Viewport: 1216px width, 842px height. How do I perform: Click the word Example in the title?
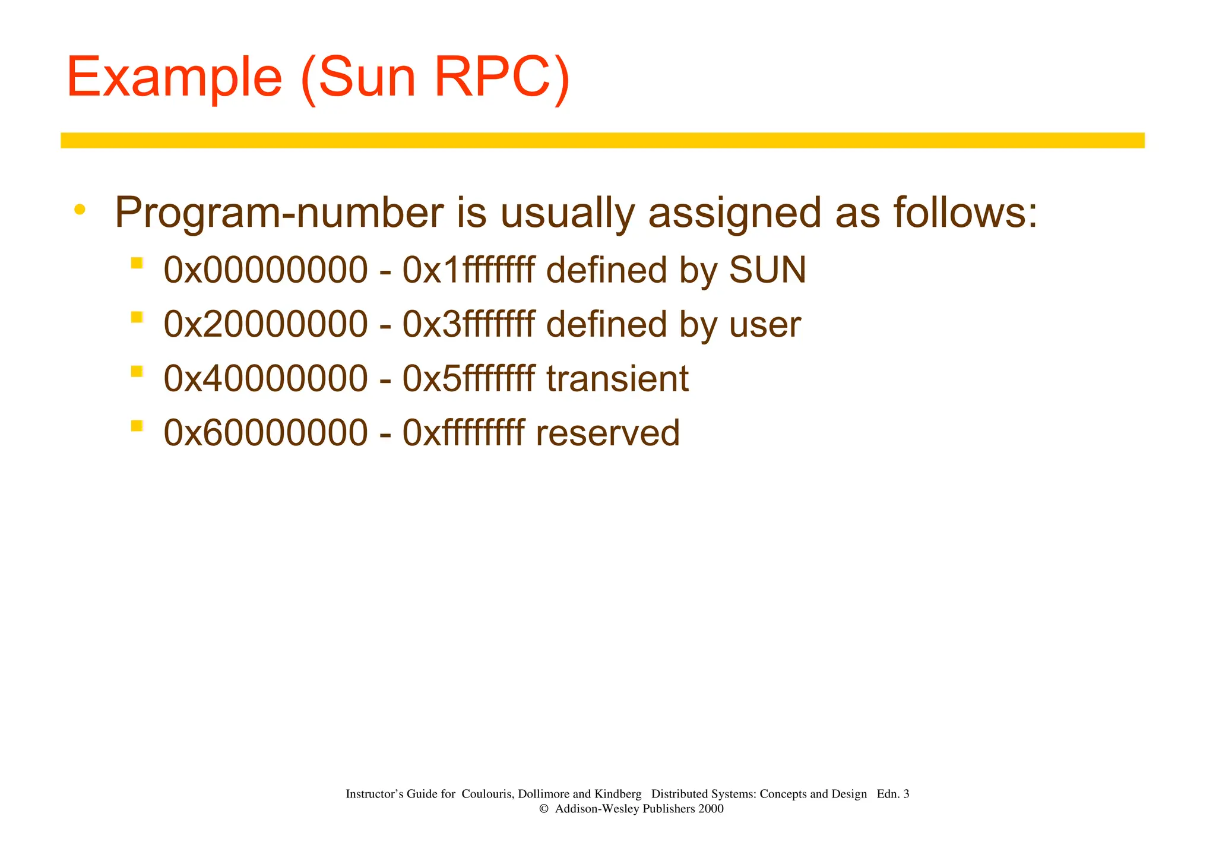pyautogui.click(x=174, y=78)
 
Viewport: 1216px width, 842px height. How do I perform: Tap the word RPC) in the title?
pyautogui.click(x=502, y=78)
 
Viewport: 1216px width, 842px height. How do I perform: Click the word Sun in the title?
pyautogui.click(x=366, y=78)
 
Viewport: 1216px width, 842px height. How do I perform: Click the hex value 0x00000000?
pyautogui.click(x=265, y=270)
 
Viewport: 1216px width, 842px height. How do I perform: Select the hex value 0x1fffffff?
pyautogui.click(x=468, y=270)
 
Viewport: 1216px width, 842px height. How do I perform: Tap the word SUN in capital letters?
pyautogui.click(x=767, y=270)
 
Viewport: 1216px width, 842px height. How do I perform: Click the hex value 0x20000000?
pyautogui.click(x=265, y=325)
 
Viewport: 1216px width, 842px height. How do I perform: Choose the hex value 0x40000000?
pyautogui.click(x=265, y=379)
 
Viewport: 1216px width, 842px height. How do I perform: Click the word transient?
pyautogui.click(x=617, y=379)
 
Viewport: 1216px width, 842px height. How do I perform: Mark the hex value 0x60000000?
pyautogui.click(x=265, y=433)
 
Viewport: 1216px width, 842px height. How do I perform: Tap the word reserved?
pyautogui.click(x=607, y=433)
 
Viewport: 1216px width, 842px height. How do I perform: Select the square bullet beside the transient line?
pyautogui.click(x=137, y=372)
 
